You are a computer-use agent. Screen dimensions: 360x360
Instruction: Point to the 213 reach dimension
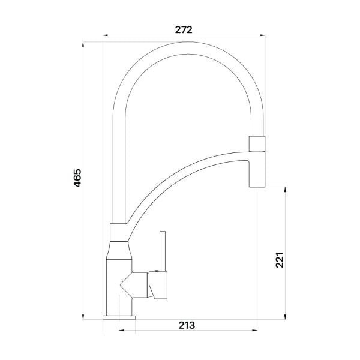(187, 326)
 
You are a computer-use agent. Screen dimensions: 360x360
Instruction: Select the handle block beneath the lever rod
(159, 286)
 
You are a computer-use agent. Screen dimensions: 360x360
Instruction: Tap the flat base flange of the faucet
(119, 317)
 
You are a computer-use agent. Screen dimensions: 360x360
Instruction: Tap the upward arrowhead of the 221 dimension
(285, 188)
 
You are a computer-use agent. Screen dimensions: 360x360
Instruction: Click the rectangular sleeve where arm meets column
(118, 231)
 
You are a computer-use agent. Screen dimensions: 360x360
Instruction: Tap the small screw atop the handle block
(155, 272)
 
